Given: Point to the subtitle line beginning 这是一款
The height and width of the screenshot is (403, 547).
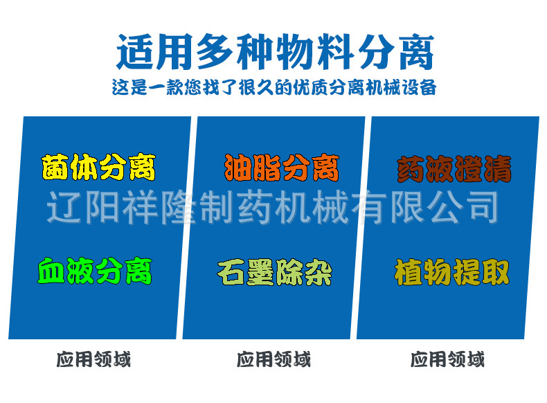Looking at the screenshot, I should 274,89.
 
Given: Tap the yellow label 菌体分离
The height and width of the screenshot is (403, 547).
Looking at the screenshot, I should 99,167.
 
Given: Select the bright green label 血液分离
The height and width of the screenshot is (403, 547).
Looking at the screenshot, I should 95,271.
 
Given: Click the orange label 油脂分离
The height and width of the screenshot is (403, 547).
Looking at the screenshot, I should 281,167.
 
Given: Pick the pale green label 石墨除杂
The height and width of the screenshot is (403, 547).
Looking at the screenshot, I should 274,271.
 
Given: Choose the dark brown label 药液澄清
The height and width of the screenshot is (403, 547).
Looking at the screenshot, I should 454,168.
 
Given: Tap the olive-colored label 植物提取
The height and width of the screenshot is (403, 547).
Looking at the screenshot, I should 452,272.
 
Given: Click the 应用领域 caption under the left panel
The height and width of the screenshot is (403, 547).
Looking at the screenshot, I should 93,359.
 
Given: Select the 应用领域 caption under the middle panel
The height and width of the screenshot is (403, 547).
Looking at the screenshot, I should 273,359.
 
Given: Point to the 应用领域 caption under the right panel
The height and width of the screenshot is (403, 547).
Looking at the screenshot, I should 447,359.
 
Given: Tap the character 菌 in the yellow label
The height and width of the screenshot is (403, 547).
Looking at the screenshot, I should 56,167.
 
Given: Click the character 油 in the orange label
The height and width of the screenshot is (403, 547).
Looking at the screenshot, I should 237,167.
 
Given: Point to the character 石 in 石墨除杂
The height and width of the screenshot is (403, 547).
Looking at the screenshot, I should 231,271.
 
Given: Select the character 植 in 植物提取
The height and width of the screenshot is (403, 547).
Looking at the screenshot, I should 409,272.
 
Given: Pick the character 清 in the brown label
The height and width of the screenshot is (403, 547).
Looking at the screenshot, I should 498,168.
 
